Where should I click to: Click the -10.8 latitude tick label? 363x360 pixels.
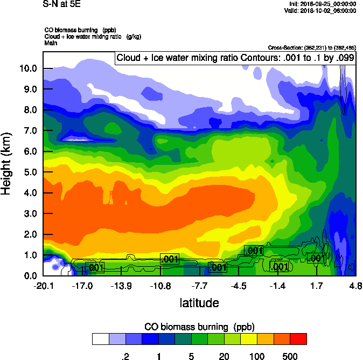pos(160,285)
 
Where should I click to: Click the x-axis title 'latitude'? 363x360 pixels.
pos(199,302)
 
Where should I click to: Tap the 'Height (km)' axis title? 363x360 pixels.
pos(7,163)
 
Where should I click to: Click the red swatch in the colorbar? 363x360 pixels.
pos(298,339)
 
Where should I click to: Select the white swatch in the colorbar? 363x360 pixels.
pos(100,339)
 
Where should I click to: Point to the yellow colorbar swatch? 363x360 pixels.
pos(249,339)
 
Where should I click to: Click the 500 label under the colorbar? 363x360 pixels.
pos(290,356)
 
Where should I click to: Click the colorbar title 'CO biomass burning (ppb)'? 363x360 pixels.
pos(199,327)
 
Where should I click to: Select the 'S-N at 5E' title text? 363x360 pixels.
pos(61,4)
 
